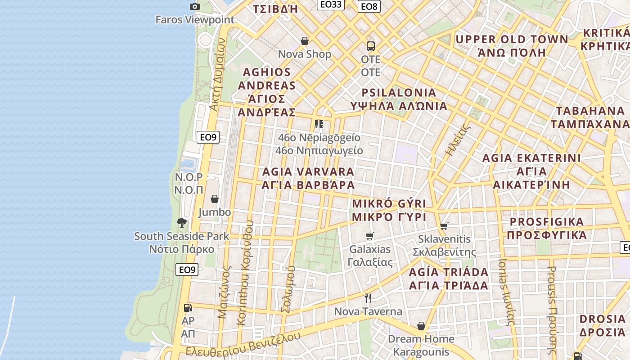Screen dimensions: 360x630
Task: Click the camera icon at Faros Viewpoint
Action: (195, 6)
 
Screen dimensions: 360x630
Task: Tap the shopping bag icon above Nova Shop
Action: (305, 41)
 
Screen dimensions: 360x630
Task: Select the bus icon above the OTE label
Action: (370, 46)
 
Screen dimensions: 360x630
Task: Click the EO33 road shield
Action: (330, 4)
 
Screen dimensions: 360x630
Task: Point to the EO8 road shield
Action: (369, 6)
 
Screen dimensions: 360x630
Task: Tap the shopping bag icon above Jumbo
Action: (215, 199)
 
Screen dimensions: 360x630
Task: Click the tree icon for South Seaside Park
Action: (182, 222)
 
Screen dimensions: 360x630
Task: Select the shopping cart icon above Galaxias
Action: (370, 236)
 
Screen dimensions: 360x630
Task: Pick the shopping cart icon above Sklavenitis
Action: (444, 226)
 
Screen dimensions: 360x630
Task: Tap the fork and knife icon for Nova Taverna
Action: (368, 298)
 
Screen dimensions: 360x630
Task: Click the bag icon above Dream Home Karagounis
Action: (421, 325)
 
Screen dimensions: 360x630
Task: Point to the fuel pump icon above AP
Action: (188, 308)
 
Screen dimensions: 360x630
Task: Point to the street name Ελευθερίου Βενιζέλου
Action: (243, 345)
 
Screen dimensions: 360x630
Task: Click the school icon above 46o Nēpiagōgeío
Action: (319, 124)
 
